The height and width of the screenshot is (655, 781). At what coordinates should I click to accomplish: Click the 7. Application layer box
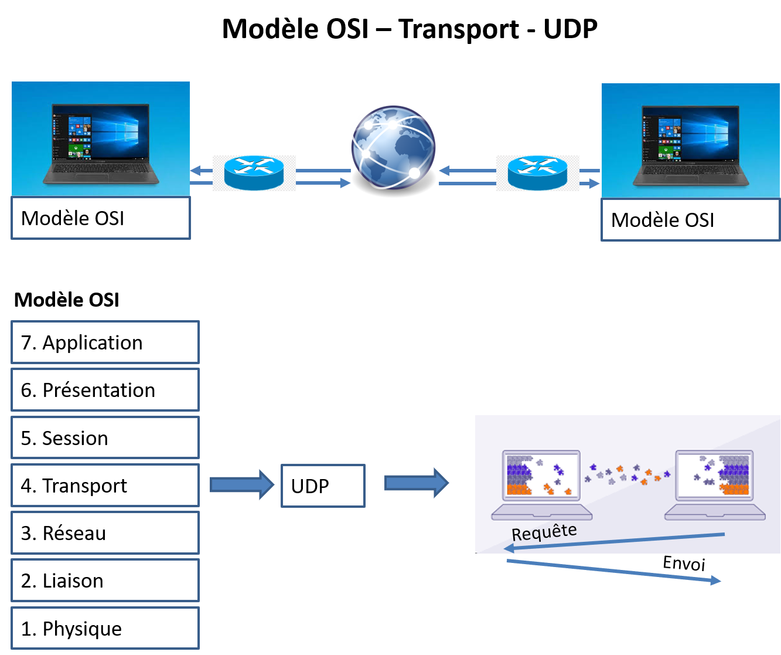(105, 342)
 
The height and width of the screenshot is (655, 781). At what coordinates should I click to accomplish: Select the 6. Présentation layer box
(105, 389)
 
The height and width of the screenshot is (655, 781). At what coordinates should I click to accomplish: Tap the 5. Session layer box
(105, 437)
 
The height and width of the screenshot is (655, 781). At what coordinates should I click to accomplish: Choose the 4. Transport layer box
(105, 485)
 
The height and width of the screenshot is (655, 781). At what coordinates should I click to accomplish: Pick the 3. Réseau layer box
(105, 532)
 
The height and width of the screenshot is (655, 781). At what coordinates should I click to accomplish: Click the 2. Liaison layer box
(105, 580)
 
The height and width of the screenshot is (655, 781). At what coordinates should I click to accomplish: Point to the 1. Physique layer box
(105, 628)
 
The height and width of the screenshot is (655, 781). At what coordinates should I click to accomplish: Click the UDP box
(323, 486)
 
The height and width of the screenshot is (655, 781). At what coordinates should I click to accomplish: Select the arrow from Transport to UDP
(242, 485)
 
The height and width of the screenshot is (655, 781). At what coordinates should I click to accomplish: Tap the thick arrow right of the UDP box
(417, 483)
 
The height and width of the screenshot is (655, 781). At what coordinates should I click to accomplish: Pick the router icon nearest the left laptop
(254, 172)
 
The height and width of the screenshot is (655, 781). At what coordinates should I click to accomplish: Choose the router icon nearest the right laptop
(537, 172)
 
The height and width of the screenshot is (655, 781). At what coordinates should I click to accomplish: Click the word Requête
(544, 532)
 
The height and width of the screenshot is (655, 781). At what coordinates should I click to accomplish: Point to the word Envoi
(684, 564)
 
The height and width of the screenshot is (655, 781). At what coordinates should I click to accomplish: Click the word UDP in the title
(571, 29)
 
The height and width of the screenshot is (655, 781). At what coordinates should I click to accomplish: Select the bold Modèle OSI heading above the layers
(67, 300)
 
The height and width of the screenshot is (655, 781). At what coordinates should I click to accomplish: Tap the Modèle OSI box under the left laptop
(101, 218)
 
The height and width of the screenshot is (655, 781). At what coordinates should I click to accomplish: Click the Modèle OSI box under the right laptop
(691, 220)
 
